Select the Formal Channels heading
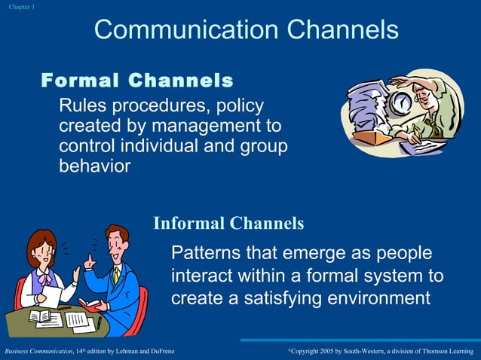click(136, 80)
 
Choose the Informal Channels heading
click(228, 223)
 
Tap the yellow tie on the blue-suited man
click(116, 275)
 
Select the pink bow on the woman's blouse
click(47, 279)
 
